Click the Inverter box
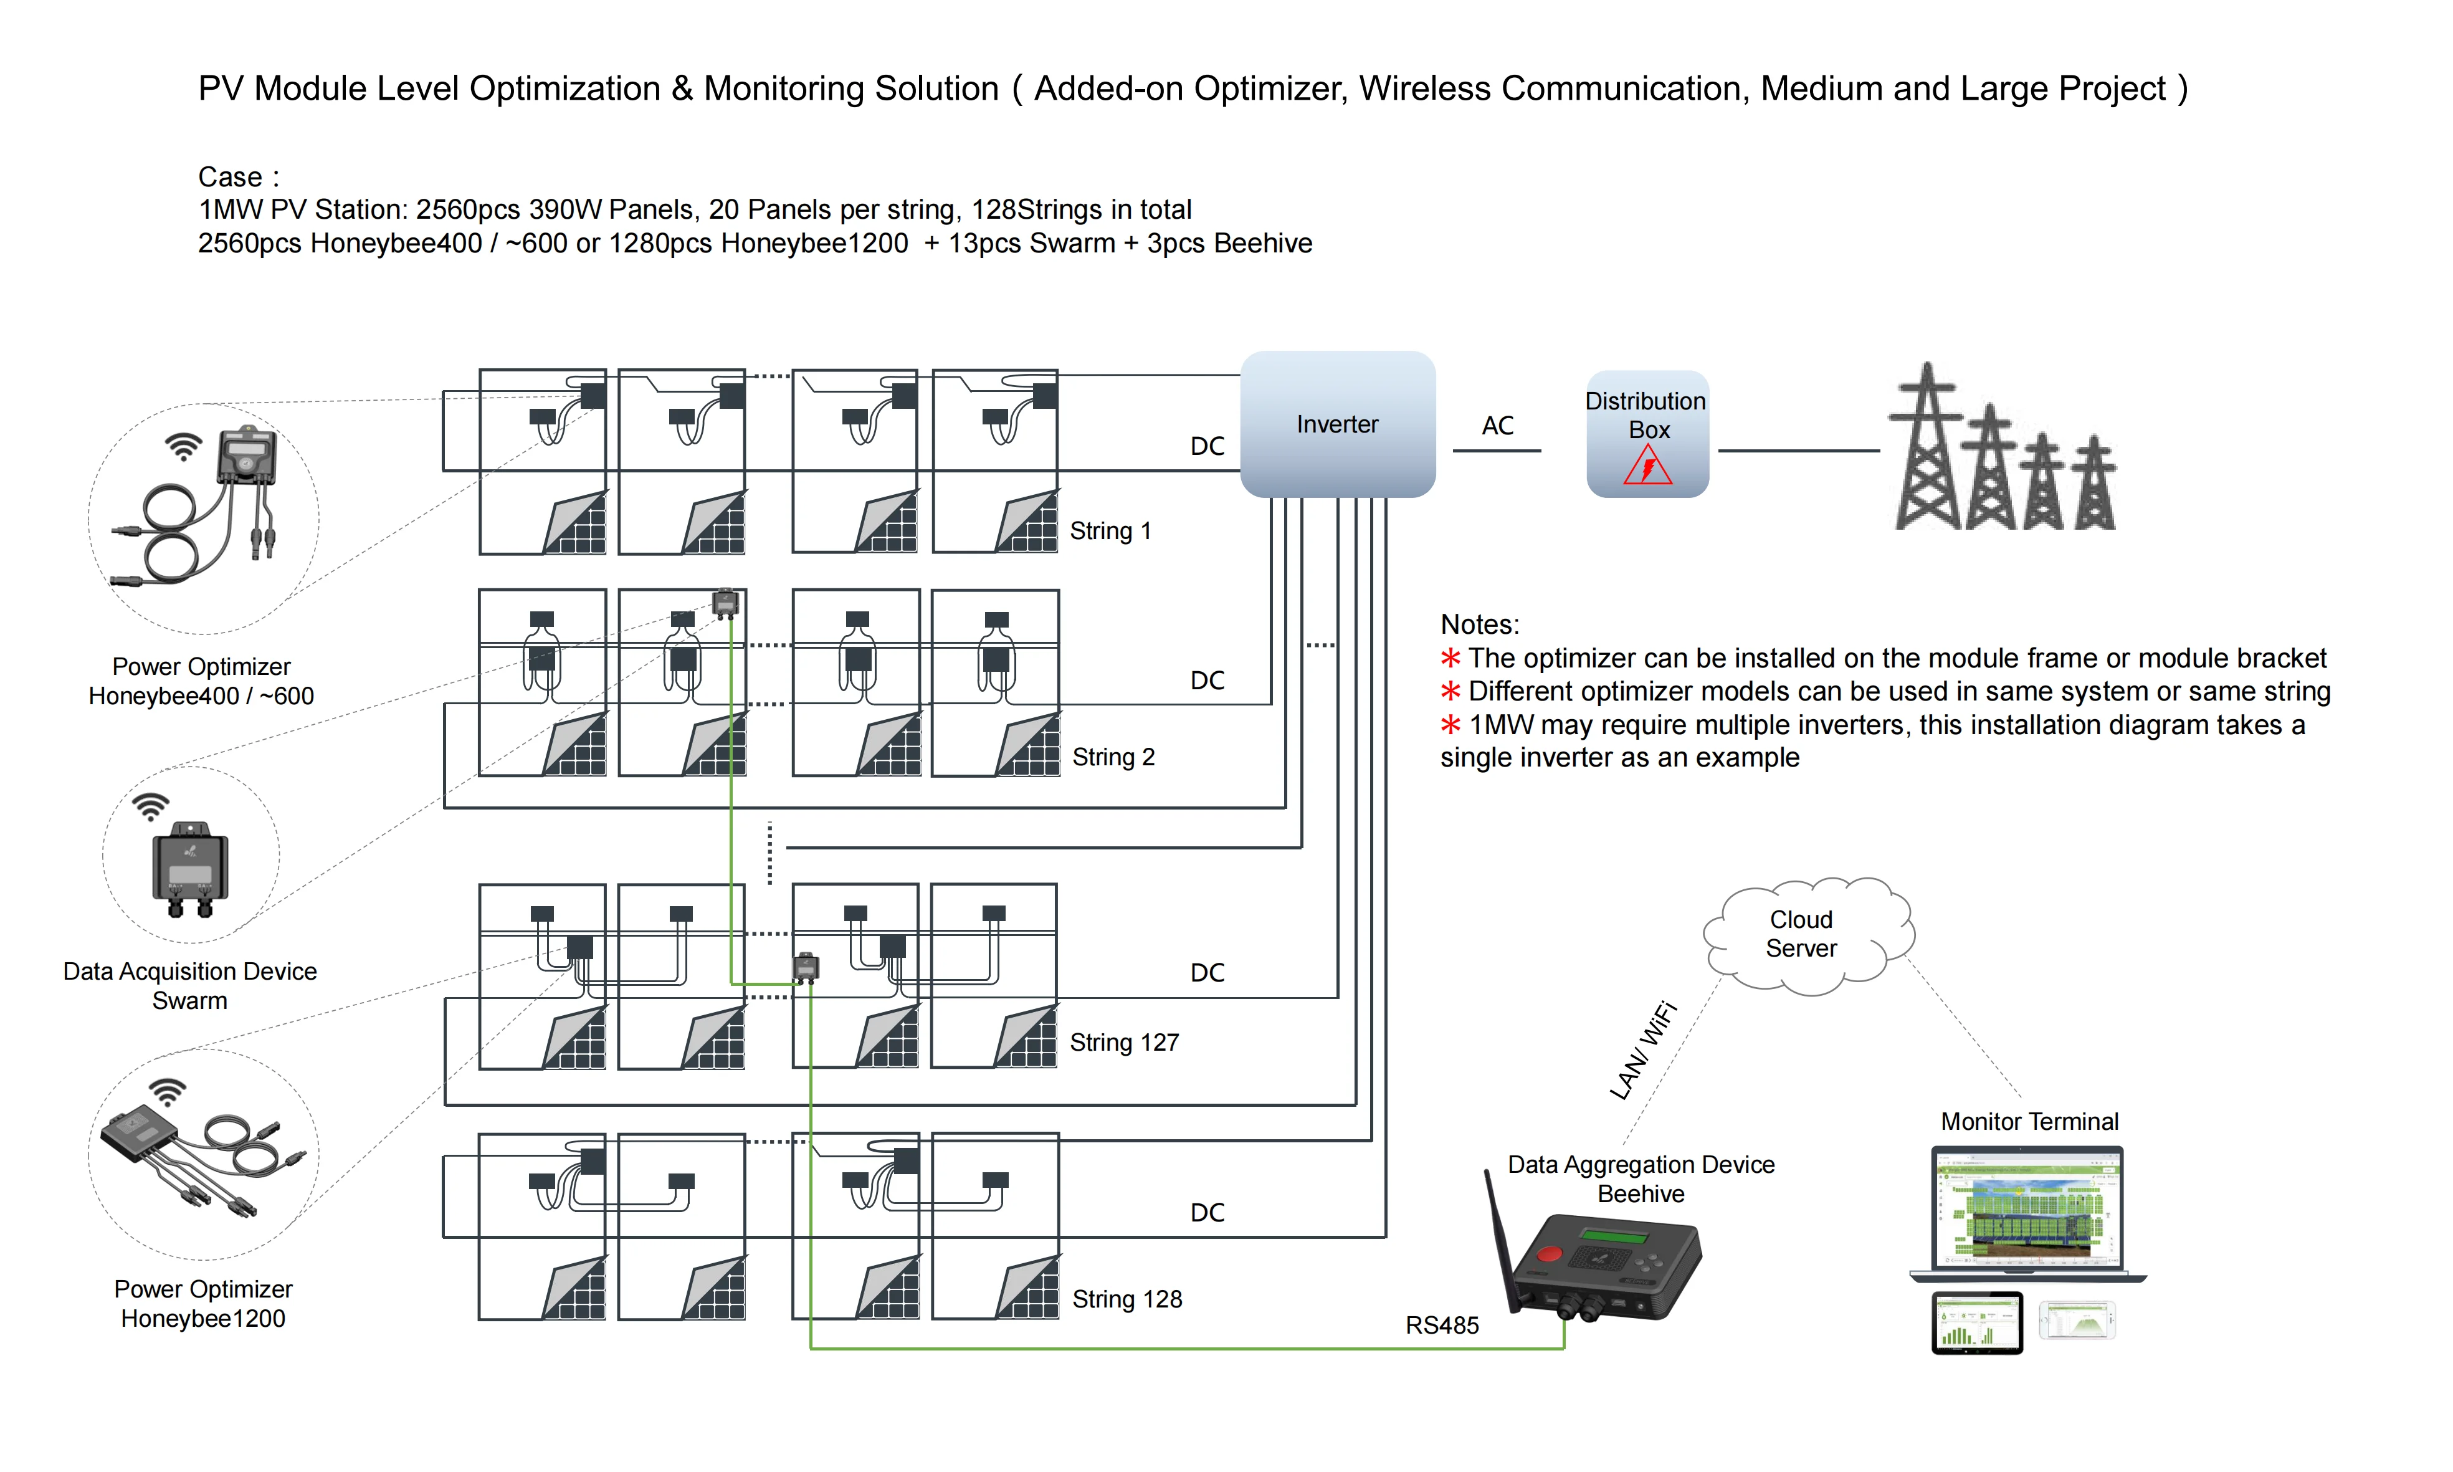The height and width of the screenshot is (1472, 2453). coord(1336,424)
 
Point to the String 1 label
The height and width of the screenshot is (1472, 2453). coord(1110,531)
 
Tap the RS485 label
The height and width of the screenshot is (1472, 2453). coord(1442,1325)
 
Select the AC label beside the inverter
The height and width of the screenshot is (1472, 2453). coord(1497,426)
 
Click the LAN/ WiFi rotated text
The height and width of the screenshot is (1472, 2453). coord(1643,1051)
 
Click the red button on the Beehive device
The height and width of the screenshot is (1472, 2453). coord(1549,1254)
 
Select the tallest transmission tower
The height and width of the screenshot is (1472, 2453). coord(1927,451)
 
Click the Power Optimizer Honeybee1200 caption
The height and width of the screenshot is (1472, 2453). coord(202,1303)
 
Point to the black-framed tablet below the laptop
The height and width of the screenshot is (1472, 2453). coord(1976,1322)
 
